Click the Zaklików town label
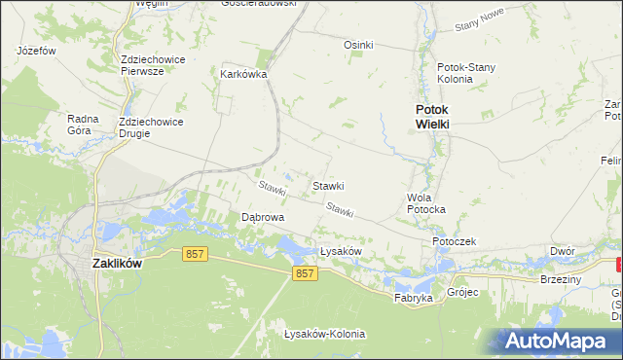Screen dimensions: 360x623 [117, 263]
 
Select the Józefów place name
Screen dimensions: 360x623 [36, 50]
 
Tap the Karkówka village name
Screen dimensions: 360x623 [243, 74]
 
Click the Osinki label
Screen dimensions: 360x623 [359, 45]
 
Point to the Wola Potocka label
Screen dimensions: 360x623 [425, 202]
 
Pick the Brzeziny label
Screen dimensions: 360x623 [560, 279]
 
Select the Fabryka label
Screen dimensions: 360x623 [413, 298]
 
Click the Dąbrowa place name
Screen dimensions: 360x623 [263, 218]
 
